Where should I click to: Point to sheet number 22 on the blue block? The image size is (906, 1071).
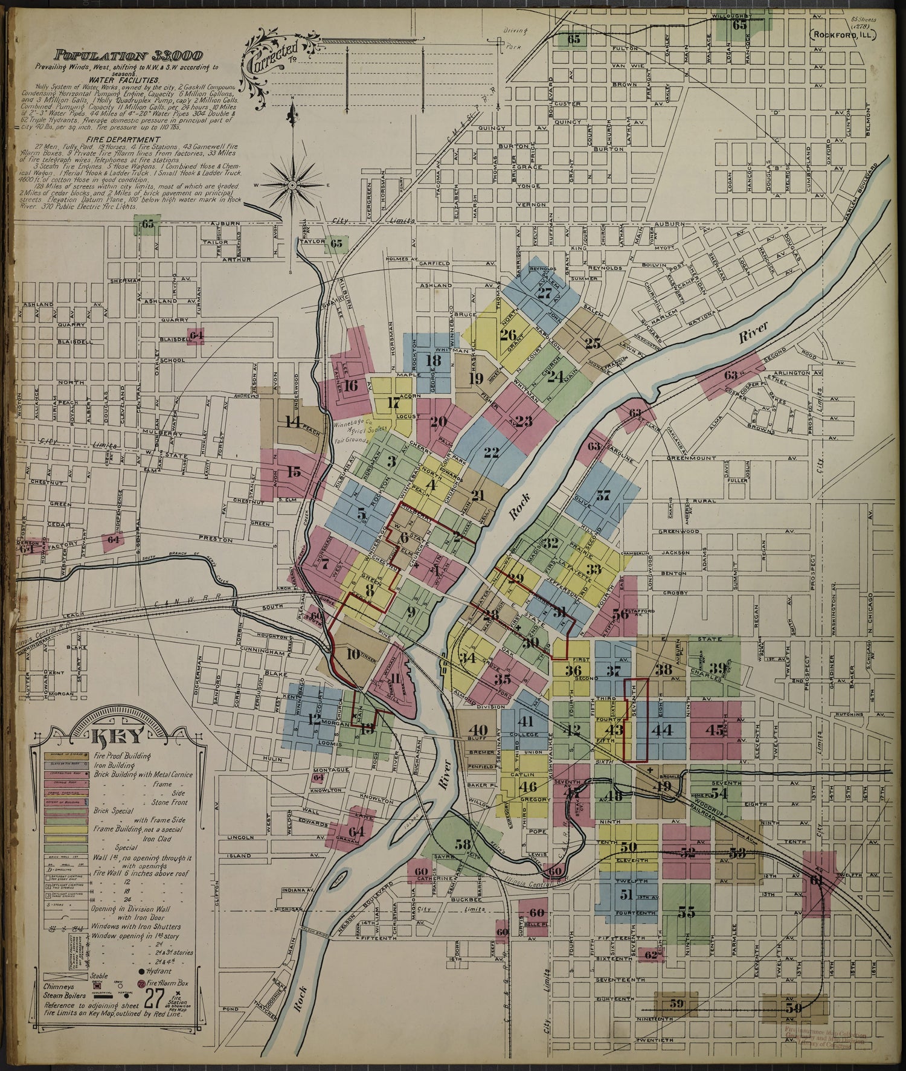point(492,451)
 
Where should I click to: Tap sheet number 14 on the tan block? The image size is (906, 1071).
point(293,422)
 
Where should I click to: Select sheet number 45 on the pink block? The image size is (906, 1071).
point(715,730)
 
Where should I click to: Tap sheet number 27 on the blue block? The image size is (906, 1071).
point(545,294)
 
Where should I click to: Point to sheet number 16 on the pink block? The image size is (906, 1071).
point(352,385)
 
